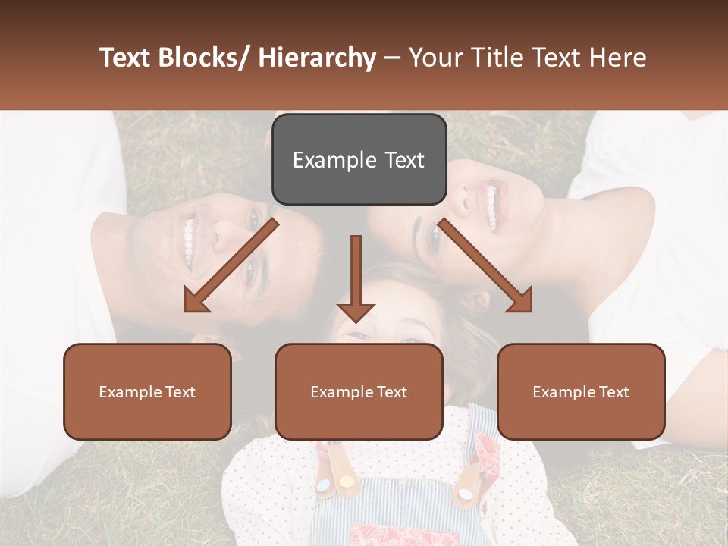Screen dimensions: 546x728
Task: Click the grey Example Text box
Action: point(359,159)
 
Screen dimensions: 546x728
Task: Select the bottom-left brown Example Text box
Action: point(147,391)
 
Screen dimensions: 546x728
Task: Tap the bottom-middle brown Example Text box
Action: point(359,391)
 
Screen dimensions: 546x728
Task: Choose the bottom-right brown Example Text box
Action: point(581,391)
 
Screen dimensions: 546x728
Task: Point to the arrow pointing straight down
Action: point(356,281)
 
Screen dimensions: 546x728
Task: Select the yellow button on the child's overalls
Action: point(347,482)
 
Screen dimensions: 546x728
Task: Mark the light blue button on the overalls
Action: point(323,485)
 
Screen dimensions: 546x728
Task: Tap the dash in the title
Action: point(392,58)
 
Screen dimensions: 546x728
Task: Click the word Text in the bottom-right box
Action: point(613,391)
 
